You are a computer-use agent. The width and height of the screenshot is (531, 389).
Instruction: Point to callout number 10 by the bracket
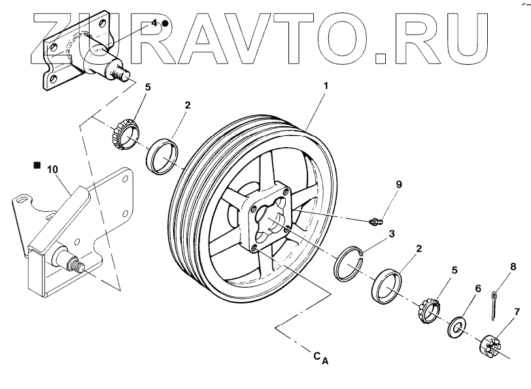pyautogui.click(x=53, y=169)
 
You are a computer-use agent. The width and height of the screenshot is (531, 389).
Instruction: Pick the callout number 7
pyautogui.click(x=517, y=311)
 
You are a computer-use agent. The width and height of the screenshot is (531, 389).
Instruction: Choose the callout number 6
pyautogui.click(x=478, y=288)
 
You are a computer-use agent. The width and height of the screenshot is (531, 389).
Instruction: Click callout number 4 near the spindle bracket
pyautogui.click(x=155, y=22)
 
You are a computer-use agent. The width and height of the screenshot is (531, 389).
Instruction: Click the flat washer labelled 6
pyautogui.click(x=457, y=325)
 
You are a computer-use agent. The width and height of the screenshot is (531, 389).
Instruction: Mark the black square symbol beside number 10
pyautogui.click(x=37, y=166)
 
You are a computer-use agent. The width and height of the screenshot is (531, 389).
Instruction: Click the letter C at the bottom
pyautogui.click(x=316, y=356)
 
